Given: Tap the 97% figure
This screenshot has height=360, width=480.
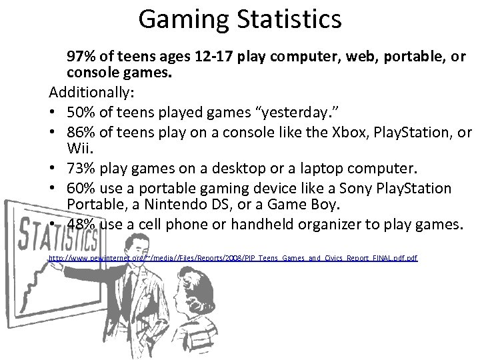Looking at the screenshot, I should point(80,57).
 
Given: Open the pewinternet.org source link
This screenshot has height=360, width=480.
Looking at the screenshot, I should point(233,257).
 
